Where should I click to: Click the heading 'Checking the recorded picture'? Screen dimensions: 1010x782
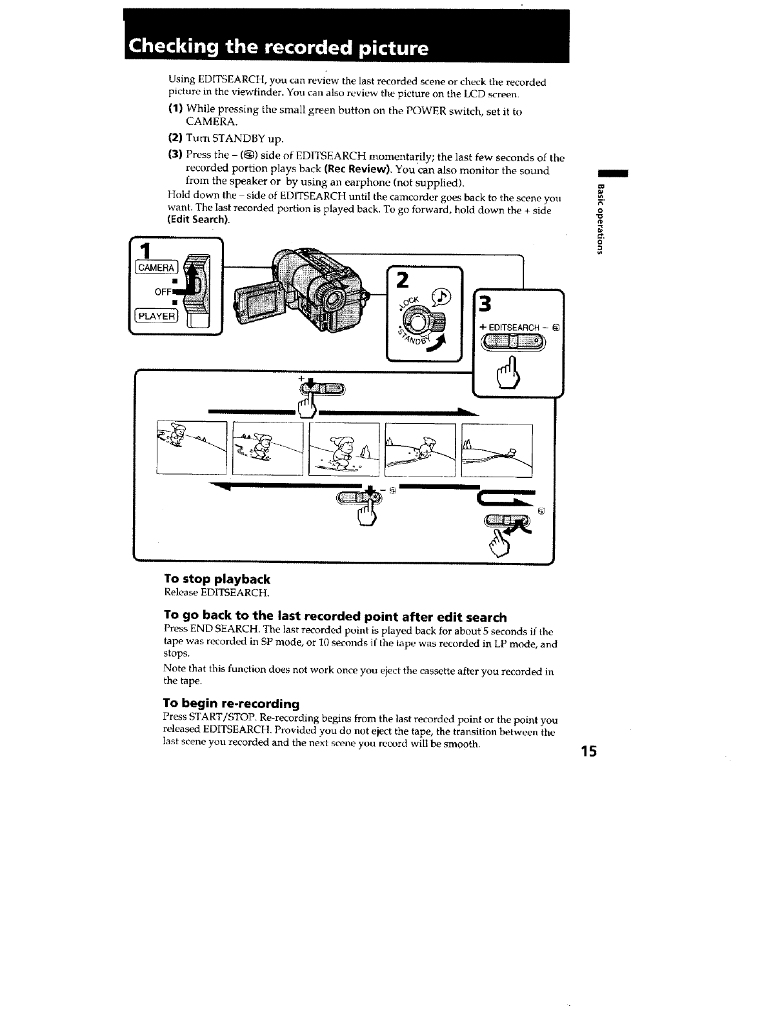pos(278,48)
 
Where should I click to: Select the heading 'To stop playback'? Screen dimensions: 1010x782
pos(217,579)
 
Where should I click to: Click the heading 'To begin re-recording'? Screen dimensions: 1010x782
pos(232,702)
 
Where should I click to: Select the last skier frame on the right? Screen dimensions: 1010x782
pos(497,450)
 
